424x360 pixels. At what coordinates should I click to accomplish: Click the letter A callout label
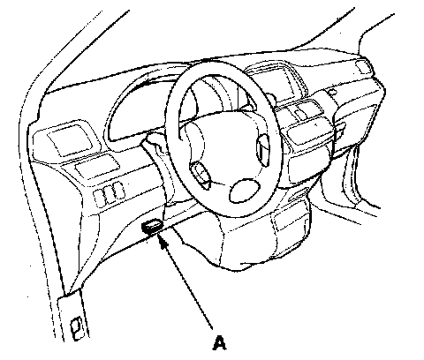click(219, 343)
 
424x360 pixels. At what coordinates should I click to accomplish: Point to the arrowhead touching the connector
click(163, 241)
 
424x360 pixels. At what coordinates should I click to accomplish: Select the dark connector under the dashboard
click(152, 227)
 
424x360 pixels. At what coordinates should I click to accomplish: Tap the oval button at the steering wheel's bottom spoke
click(245, 191)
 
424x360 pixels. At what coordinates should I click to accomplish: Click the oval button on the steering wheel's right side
click(263, 150)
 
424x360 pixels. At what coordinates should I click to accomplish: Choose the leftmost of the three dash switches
click(99, 198)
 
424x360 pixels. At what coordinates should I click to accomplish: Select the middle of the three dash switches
click(110, 194)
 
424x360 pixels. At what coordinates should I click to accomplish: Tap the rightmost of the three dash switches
click(118, 191)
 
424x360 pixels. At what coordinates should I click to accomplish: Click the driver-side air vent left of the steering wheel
click(70, 139)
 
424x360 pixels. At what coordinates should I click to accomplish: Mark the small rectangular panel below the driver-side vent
click(97, 166)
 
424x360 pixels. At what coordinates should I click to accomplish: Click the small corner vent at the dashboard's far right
click(362, 66)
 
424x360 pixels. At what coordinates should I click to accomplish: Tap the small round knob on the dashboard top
click(332, 92)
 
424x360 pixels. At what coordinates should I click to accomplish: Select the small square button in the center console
click(300, 112)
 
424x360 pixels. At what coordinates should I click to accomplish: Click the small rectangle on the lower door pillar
click(77, 327)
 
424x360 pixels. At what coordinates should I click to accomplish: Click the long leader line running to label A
click(187, 284)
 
